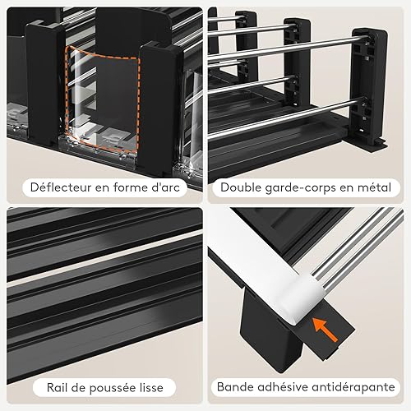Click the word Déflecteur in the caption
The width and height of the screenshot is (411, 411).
pyautogui.click(x=61, y=187)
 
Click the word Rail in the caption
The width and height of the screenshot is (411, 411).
pyautogui.click(x=56, y=388)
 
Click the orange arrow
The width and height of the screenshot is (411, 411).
pyautogui.click(x=325, y=330)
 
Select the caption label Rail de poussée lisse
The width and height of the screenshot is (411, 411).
pyautogui.click(x=104, y=388)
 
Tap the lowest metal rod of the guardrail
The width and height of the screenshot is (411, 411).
pyautogui.click(x=285, y=118)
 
